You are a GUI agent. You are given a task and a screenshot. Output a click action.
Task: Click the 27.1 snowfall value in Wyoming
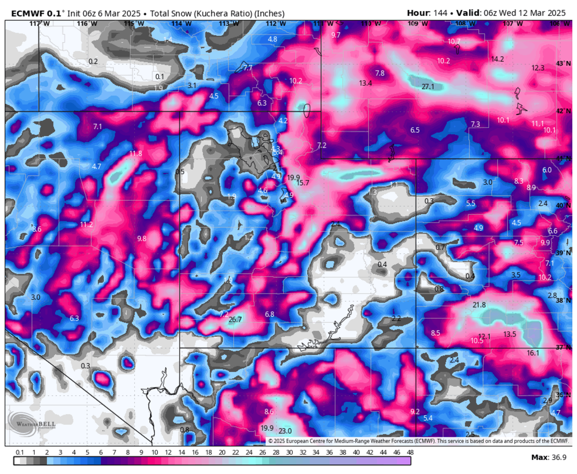[x=428, y=87]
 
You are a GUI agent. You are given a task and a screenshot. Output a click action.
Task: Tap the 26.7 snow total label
[x=235, y=320]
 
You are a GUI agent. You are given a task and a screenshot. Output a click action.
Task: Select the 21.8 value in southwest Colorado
[x=479, y=305]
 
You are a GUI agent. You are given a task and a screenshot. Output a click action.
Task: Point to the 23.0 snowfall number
[x=285, y=431]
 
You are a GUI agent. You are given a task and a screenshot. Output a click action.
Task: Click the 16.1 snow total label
[x=533, y=353]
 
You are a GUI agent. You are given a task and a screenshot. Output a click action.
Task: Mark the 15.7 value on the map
[x=302, y=183]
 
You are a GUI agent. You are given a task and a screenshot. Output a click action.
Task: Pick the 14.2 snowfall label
[x=497, y=59]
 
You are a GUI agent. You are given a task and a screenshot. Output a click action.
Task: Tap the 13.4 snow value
[x=365, y=83]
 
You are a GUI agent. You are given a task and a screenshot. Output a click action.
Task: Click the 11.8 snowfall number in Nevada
[x=136, y=154]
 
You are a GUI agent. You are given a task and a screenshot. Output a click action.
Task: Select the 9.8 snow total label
[x=141, y=239]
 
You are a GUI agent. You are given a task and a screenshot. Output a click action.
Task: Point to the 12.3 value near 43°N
[x=538, y=68]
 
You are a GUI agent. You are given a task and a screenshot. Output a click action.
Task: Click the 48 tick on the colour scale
[x=410, y=452]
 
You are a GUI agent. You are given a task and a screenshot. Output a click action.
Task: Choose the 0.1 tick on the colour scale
[x=20, y=452]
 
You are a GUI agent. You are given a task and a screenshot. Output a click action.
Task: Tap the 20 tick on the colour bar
[x=222, y=452]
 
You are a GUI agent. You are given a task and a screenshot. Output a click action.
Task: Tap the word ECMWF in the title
[x=24, y=13]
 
